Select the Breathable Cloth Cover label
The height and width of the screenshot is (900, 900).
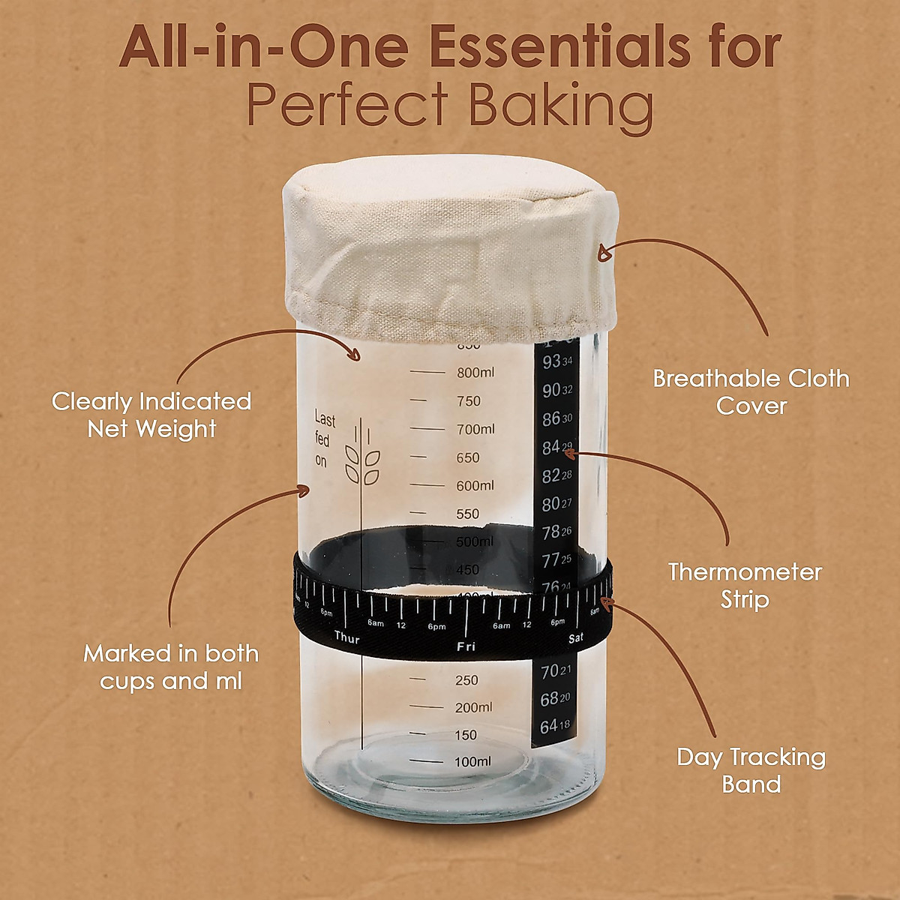click(751, 391)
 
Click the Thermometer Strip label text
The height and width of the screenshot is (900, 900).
click(745, 586)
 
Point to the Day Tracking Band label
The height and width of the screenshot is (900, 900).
click(751, 770)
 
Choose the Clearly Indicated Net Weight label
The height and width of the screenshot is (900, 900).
click(151, 415)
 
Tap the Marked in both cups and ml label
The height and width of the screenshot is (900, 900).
click(171, 667)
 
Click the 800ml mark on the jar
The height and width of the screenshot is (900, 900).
click(475, 372)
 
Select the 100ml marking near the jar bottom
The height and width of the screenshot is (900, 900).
click(471, 761)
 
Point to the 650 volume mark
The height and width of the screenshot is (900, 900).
click(469, 457)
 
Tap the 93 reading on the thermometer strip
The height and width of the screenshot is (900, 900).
click(552, 363)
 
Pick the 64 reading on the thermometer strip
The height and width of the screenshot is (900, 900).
click(550, 726)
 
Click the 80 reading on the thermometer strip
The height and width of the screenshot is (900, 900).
click(550, 504)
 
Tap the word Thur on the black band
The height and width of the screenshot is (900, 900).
click(347, 638)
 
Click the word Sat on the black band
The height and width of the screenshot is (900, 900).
click(576, 638)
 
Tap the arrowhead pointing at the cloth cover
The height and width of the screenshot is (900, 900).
click(604, 255)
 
